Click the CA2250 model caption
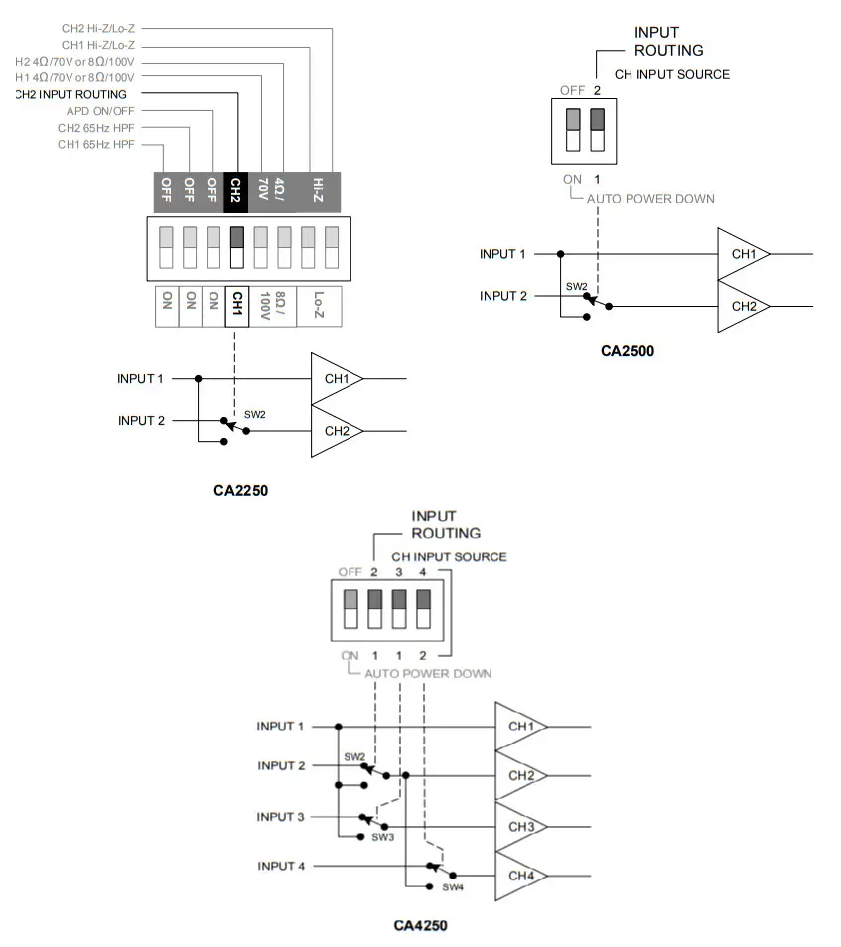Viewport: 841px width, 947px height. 241,490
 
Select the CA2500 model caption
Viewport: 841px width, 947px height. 628,350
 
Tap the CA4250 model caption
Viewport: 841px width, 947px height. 420,926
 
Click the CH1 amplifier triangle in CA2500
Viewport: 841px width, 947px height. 741,254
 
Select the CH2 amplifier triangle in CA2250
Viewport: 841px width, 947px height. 335,431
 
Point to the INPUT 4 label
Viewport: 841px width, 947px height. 281,866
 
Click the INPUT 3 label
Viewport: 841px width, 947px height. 281,817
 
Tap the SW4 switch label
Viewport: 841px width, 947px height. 453,887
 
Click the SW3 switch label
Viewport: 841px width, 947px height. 383,837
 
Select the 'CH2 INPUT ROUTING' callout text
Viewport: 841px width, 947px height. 71,94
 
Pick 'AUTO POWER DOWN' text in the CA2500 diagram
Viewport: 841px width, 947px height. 650,199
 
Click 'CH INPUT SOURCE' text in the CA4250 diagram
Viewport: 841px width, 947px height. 449,557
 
